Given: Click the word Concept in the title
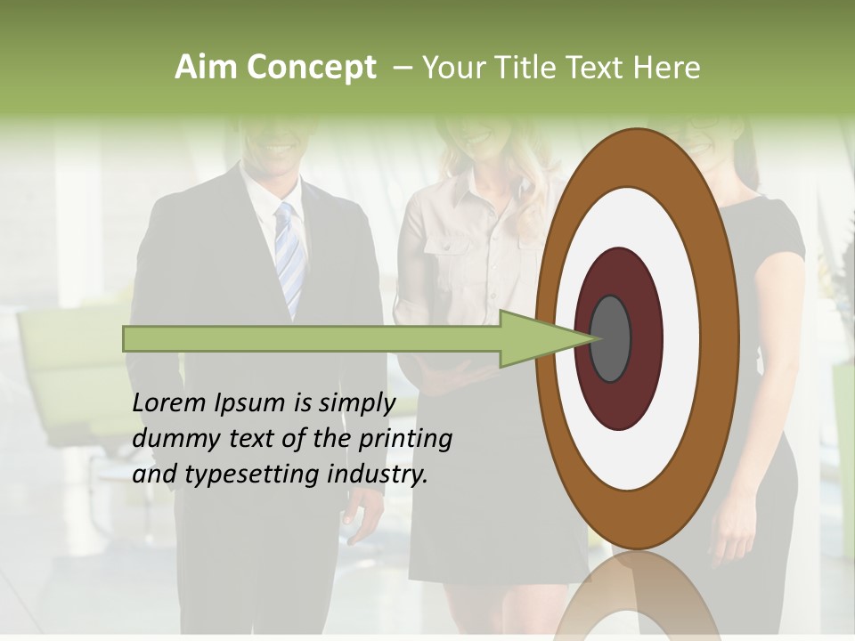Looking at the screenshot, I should coord(310,68).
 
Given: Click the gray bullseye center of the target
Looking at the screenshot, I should coord(611,339).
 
